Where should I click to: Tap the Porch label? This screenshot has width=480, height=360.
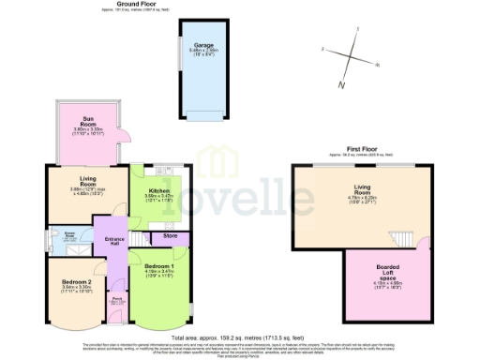(117, 300)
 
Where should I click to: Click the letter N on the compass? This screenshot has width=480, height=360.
(341, 86)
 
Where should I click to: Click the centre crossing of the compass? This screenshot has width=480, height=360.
(349, 56)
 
